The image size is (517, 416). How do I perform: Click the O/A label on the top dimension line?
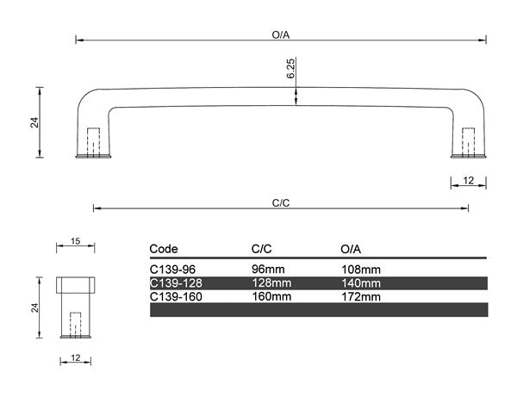(x=280, y=35)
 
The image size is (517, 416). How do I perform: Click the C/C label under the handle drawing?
(x=280, y=203)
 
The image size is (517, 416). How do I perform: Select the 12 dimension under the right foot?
(x=469, y=180)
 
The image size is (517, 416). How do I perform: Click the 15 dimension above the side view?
(x=76, y=242)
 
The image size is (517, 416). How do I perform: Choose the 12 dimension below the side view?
(x=76, y=358)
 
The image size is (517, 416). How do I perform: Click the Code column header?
(x=164, y=248)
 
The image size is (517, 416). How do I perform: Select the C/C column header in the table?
(x=261, y=248)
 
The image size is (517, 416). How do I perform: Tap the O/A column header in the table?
(x=351, y=248)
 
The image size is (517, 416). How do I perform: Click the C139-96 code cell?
(x=173, y=269)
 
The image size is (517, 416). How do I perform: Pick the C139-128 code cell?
(x=176, y=283)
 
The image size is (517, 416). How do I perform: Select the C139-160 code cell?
(x=176, y=295)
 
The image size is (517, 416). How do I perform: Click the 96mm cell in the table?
(x=267, y=269)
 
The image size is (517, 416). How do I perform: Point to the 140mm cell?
(x=361, y=283)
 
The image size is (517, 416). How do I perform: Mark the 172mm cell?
(x=361, y=295)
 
